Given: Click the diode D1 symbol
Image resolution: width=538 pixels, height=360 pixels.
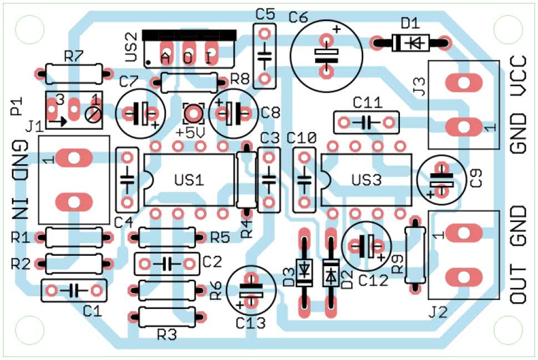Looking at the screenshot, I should click(411, 42).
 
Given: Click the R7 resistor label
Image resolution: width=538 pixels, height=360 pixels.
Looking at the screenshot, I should click(73, 55).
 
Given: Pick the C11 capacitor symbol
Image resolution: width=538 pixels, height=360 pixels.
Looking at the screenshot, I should click(367, 121).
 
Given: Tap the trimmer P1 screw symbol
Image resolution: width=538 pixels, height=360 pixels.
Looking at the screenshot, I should click(94, 115).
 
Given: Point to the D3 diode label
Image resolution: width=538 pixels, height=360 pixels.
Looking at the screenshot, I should click(288, 276).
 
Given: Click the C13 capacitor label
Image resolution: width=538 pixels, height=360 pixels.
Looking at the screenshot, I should click(251, 322).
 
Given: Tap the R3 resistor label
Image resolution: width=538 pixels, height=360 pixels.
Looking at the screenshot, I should click(167, 334).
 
